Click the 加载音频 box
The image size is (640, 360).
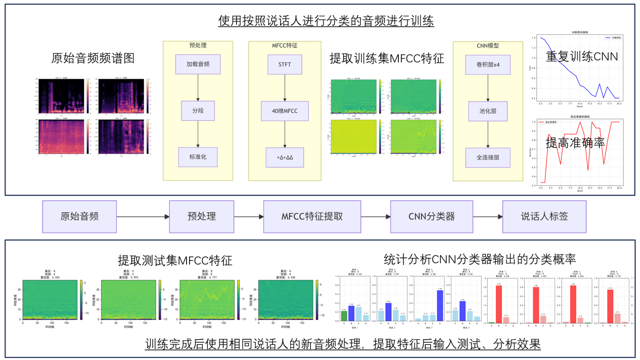[x=198, y=64]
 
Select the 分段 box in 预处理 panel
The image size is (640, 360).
[x=198, y=111]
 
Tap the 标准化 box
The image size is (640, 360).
[x=198, y=157]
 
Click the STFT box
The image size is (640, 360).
[x=285, y=64]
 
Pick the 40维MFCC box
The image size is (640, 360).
[x=285, y=111]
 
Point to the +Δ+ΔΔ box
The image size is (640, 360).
[x=285, y=157]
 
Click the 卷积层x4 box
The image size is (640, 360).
[x=488, y=65]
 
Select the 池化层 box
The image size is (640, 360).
[x=488, y=111]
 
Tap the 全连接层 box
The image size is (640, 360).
[x=488, y=157]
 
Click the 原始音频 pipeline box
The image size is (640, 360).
[x=79, y=216]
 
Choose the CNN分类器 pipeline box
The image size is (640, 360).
[x=431, y=216]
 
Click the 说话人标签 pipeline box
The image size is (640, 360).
[x=544, y=216]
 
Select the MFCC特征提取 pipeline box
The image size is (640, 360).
[x=312, y=216]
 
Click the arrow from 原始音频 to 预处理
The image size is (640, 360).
[x=143, y=216]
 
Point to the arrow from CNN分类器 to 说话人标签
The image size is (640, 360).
[x=488, y=216]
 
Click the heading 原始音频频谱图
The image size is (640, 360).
[x=93, y=58]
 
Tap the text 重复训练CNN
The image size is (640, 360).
[x=582, y=56]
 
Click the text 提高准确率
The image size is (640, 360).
[x=575, y=143]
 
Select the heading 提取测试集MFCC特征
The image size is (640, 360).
[x=175, y=260]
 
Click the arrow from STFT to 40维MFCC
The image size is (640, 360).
[x=285, y=87]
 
